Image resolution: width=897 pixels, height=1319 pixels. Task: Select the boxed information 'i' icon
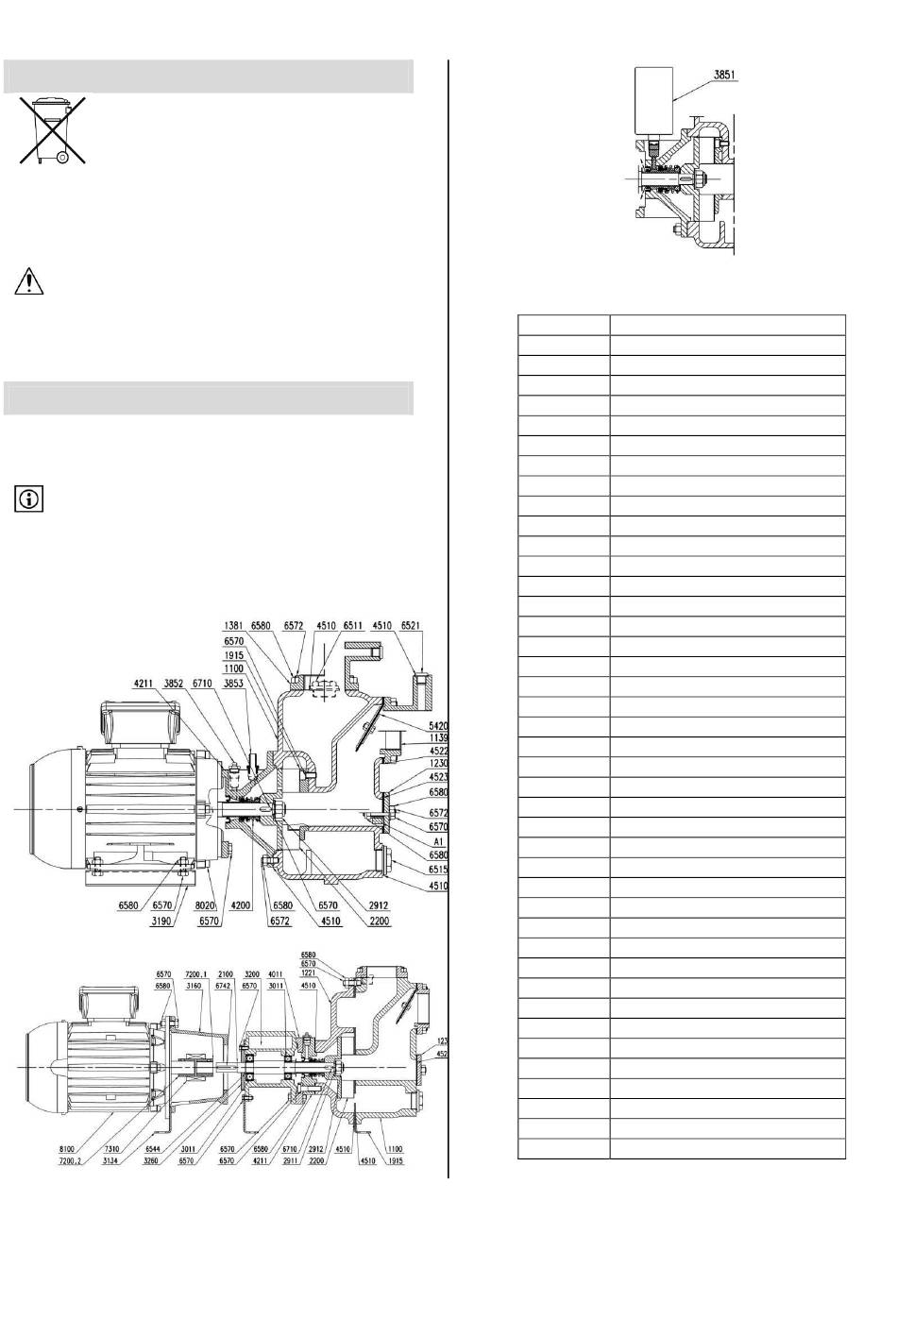(29, 499)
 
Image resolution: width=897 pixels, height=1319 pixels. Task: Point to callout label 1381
(236, 626)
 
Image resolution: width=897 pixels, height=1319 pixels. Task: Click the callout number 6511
(352, 626)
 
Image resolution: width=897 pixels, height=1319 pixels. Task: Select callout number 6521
(411, 626)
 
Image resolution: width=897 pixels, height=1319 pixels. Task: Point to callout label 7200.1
(195, 974)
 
